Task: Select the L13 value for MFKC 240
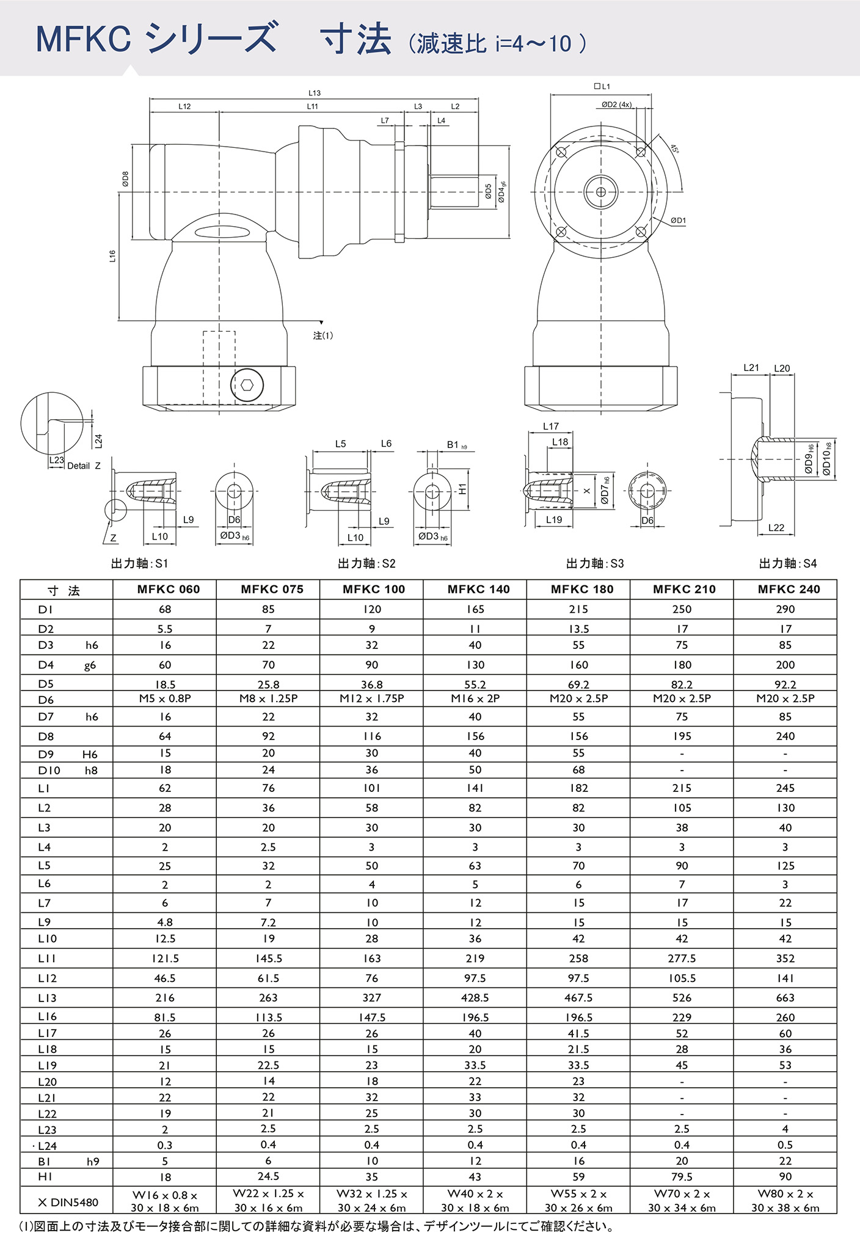pos(785,998)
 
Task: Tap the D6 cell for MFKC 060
pos(165,698)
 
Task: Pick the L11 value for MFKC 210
pos(682,959)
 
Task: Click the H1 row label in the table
pos(45,1176)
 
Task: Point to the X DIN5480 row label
pos(68,1202)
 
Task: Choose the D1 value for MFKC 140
pos(475,609)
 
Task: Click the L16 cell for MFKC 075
pos(268,1017)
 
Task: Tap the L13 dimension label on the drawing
pos(314,93)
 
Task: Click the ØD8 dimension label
pos(125,178)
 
